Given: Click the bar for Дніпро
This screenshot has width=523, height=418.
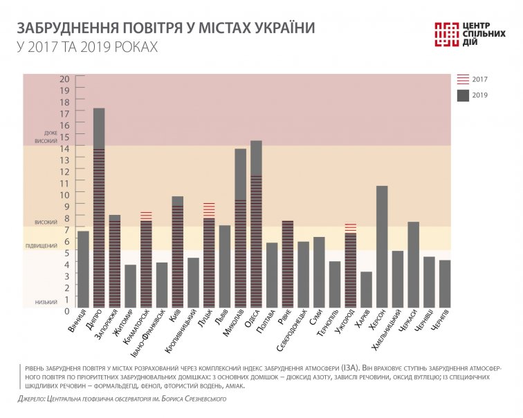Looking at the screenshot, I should tap(99, 207).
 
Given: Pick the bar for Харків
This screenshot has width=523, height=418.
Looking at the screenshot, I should tap(366, 289).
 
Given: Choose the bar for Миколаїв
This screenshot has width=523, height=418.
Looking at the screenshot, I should tap(241, 228).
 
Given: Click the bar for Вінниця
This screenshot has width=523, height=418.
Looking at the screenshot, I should tap(83, 269).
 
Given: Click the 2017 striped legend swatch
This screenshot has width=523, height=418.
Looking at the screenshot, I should tap(464, 79).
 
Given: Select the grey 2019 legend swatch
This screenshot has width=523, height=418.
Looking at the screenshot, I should tap(464, 96).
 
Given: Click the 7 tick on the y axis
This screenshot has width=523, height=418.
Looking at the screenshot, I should tap(68, 229).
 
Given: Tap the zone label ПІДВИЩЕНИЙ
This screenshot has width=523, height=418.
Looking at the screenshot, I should tap(42, 246).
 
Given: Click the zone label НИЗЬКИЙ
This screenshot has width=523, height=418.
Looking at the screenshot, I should tap(46, 303).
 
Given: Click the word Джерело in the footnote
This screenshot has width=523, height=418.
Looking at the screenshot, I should tap(33, 399).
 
